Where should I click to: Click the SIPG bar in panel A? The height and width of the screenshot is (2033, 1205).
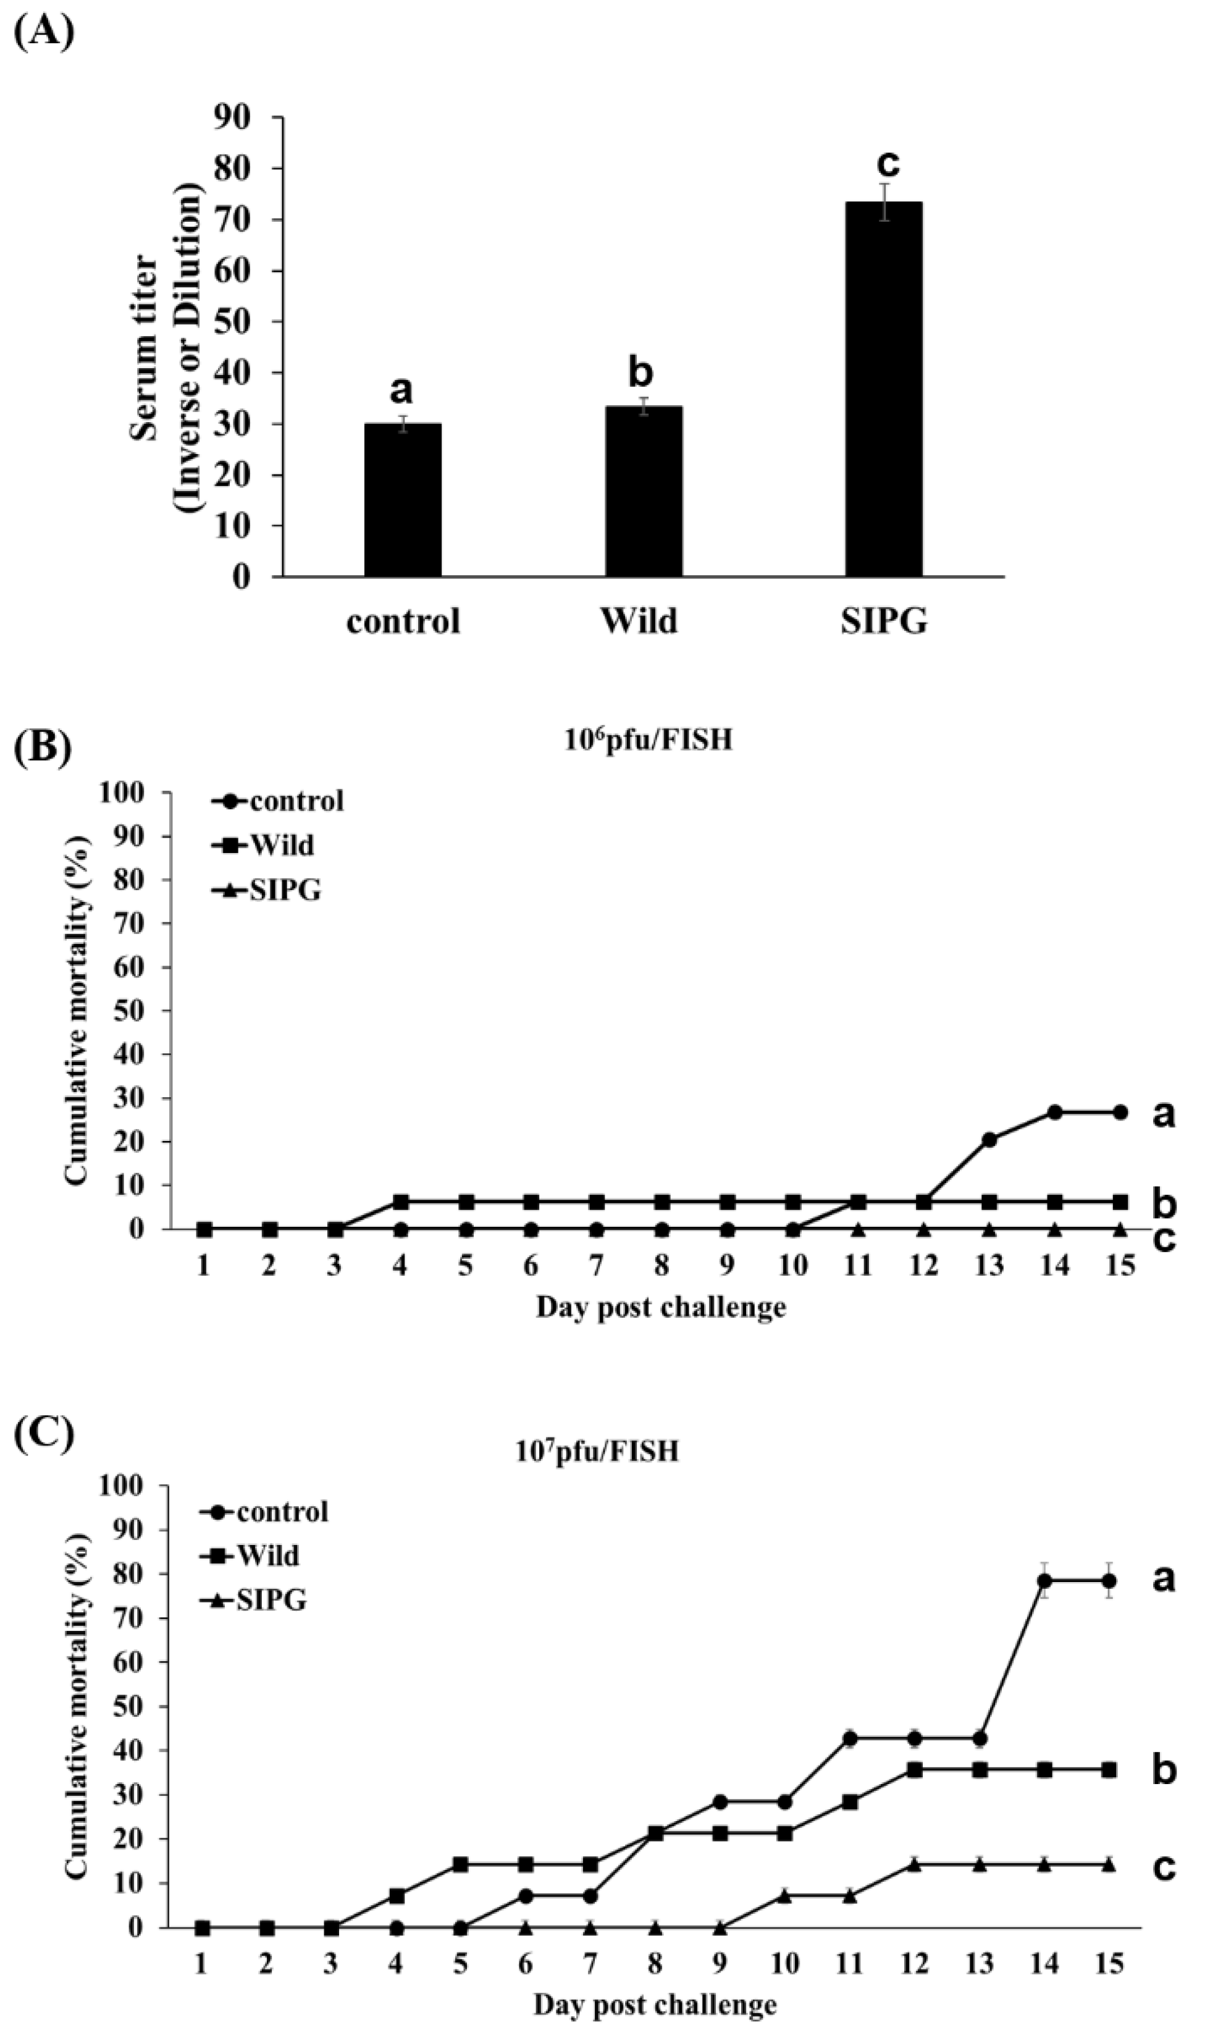coord(883,390)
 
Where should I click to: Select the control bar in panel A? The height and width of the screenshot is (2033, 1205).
coord(403,500)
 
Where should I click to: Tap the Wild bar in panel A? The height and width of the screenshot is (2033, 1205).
coord(643,492)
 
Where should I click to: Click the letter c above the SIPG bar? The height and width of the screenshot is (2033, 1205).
coord(888,163)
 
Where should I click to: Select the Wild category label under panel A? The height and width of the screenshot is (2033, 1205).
coord(639,621)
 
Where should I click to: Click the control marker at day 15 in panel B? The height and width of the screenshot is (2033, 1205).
coord(1120,1113)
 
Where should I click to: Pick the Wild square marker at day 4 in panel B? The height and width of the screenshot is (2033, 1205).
coord(400,1201)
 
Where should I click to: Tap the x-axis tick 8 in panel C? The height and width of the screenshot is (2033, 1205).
coord(655,1958)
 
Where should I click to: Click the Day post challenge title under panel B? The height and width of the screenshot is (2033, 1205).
coord(661,1307)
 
